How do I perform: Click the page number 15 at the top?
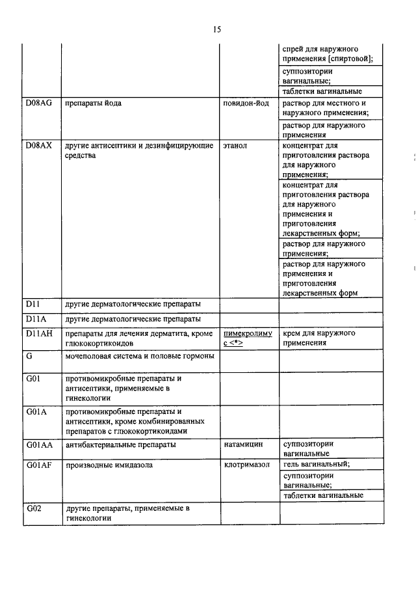click(217, 29)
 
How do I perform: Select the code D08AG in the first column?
click(38, 103)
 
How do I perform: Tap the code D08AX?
click(38, 145)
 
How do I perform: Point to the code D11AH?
click(38, 333)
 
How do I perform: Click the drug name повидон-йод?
click(246, 103)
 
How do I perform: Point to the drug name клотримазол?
click(246, 464)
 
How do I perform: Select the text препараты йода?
click(94, 103)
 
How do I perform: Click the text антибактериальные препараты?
click(120, 444)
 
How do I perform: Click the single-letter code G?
click(29, 355)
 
